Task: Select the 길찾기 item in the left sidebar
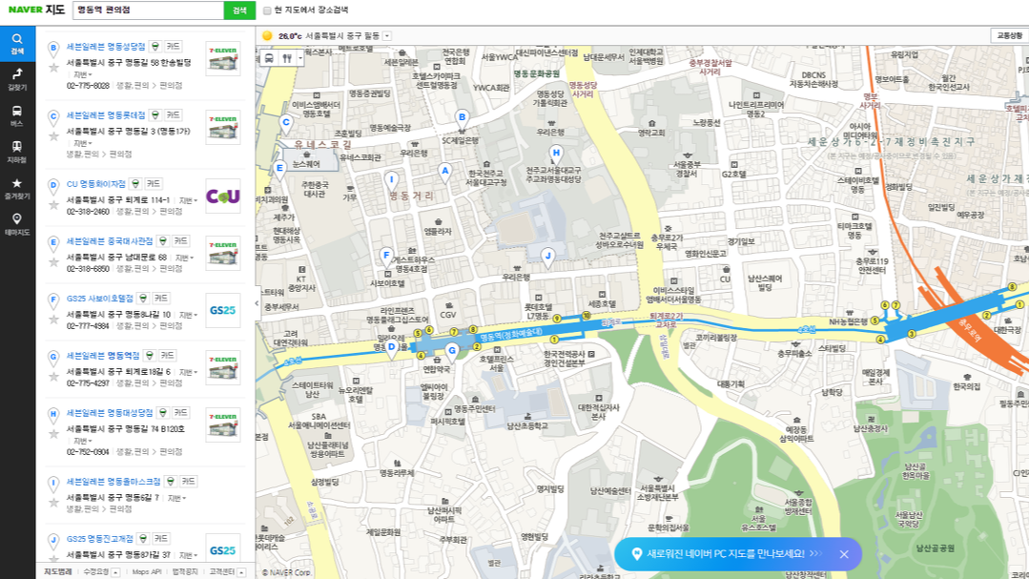17,78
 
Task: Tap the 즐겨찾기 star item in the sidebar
17,187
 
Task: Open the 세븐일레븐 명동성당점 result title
106,46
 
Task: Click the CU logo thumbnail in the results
223,196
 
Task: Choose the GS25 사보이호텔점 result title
99,299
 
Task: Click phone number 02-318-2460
88,212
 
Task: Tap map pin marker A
443,172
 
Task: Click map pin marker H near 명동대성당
557,153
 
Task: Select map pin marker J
547,256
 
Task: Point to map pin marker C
285,122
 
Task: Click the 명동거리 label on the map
411,196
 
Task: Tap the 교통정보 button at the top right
1008,35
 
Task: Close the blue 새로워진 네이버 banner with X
844,553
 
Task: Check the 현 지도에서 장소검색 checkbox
267,10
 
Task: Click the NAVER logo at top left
25,10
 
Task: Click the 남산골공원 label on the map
935,548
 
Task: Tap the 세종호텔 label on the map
602,304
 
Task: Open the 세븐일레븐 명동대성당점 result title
110,413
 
